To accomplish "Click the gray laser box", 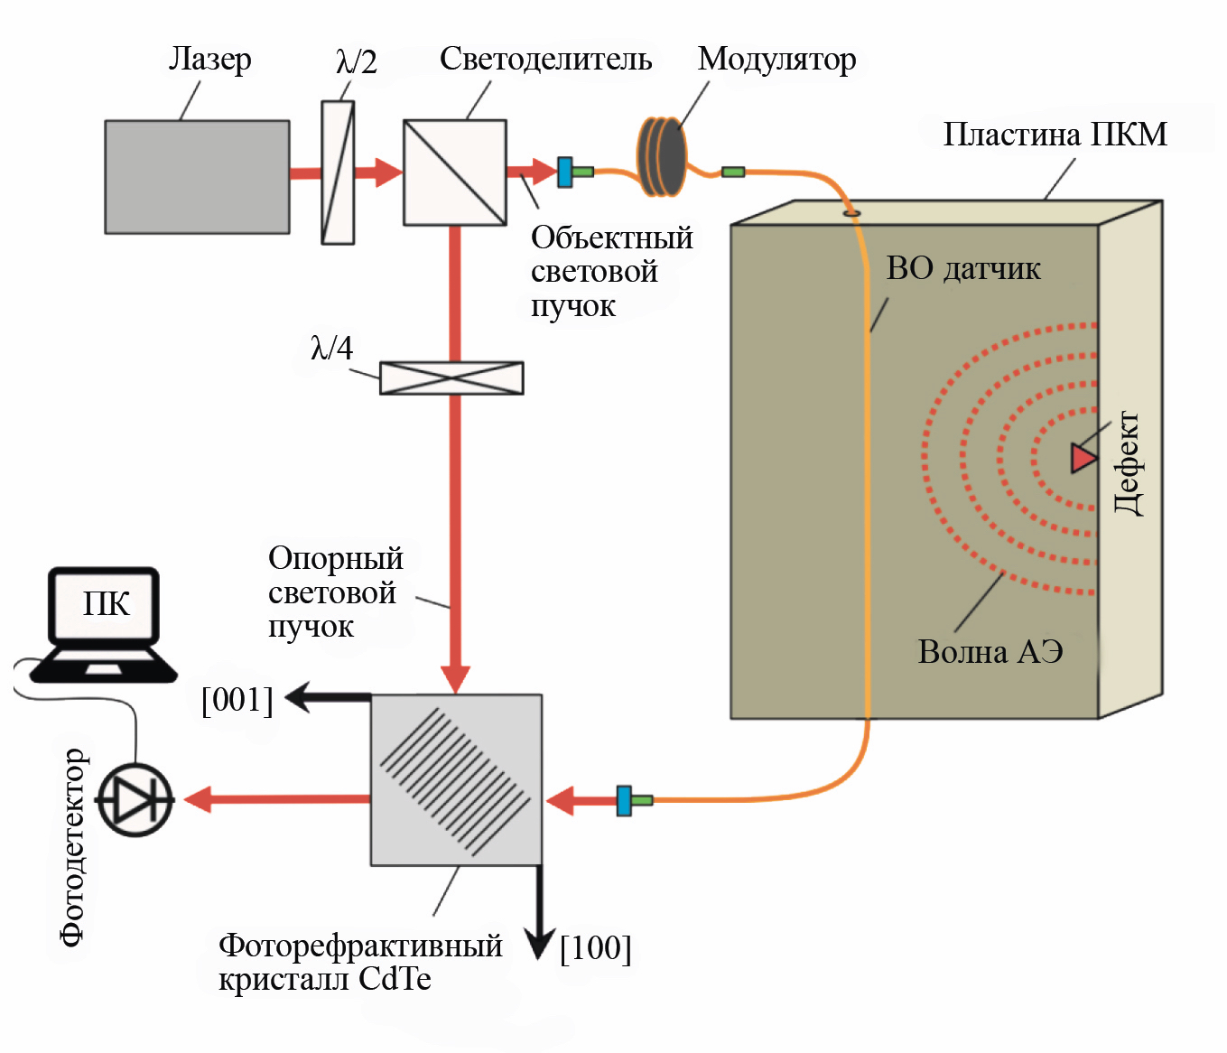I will point(197,177).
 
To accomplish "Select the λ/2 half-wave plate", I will point(338,172).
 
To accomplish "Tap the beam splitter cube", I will point(454,172).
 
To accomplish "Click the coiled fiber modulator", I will point(662,156).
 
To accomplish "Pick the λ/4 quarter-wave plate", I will point(451,377).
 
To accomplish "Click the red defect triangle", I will point(1083,458).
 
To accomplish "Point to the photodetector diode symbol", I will point(135,800).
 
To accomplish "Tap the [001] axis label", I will point(237,700).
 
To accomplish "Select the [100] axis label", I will point(595,948).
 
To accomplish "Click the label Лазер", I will point(209,60).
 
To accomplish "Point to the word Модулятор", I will point(776,60).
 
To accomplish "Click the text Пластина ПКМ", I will point(1055,135).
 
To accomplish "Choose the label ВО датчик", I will point(963,268).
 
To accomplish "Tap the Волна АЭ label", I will point(990,651).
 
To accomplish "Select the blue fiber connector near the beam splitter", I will point(565,172).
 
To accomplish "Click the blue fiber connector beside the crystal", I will point(624,800).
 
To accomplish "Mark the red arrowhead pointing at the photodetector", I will point(199,799).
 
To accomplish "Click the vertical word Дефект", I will point(1127,462).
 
